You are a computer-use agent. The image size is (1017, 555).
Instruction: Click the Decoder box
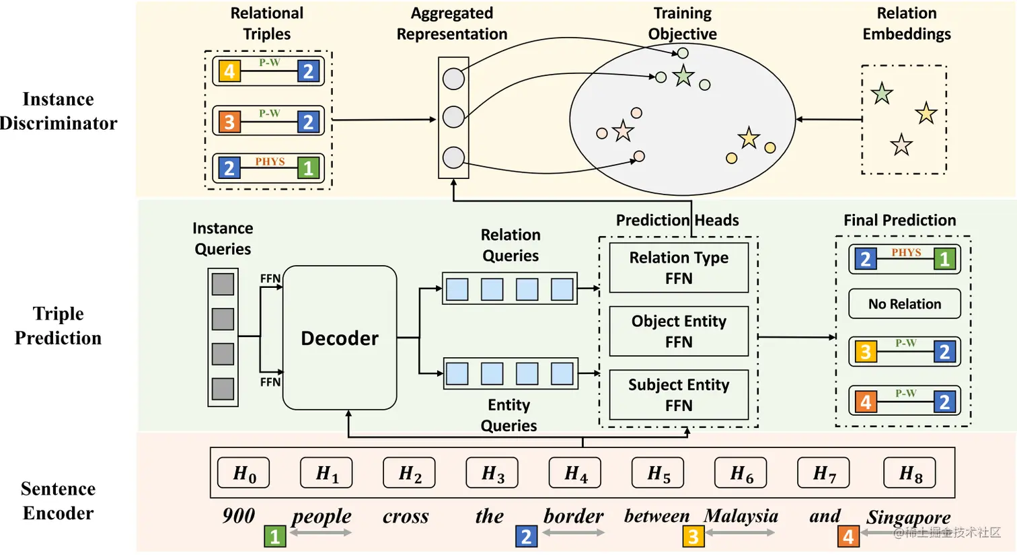pos(340,338)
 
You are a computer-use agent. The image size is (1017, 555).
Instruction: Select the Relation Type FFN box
pos(679,268)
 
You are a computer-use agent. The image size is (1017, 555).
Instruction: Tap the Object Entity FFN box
pos(679,331)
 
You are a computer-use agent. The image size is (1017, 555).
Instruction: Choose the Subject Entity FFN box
pos(679,395)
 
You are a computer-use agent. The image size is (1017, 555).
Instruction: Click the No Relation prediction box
pos(905,304)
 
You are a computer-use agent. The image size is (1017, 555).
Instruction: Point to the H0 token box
pos(243,474)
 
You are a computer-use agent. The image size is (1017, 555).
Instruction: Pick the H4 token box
pos(575,474)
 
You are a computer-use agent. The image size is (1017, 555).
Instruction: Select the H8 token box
pos(909,474)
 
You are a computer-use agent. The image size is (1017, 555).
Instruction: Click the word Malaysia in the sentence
pos(741,516)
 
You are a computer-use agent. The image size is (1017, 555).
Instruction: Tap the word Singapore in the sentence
pos(908,517)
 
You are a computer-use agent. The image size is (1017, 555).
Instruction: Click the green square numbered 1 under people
pos(274,536)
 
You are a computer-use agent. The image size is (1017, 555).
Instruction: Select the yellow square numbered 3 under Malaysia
pos(693,536)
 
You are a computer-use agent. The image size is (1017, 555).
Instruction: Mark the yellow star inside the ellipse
pos(749,138)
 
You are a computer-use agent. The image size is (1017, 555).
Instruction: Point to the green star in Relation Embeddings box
pos(882,94)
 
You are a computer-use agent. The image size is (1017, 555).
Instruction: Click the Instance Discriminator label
pos(59,111)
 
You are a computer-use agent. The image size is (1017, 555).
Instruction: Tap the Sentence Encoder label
pos(59,501)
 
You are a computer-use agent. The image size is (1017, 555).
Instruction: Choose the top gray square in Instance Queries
pos(223,284)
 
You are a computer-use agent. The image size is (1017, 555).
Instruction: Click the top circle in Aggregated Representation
pos(454,79)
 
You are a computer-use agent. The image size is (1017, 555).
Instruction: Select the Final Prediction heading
pos(899,220)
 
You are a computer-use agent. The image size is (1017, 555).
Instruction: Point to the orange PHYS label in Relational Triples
pos(270,161)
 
